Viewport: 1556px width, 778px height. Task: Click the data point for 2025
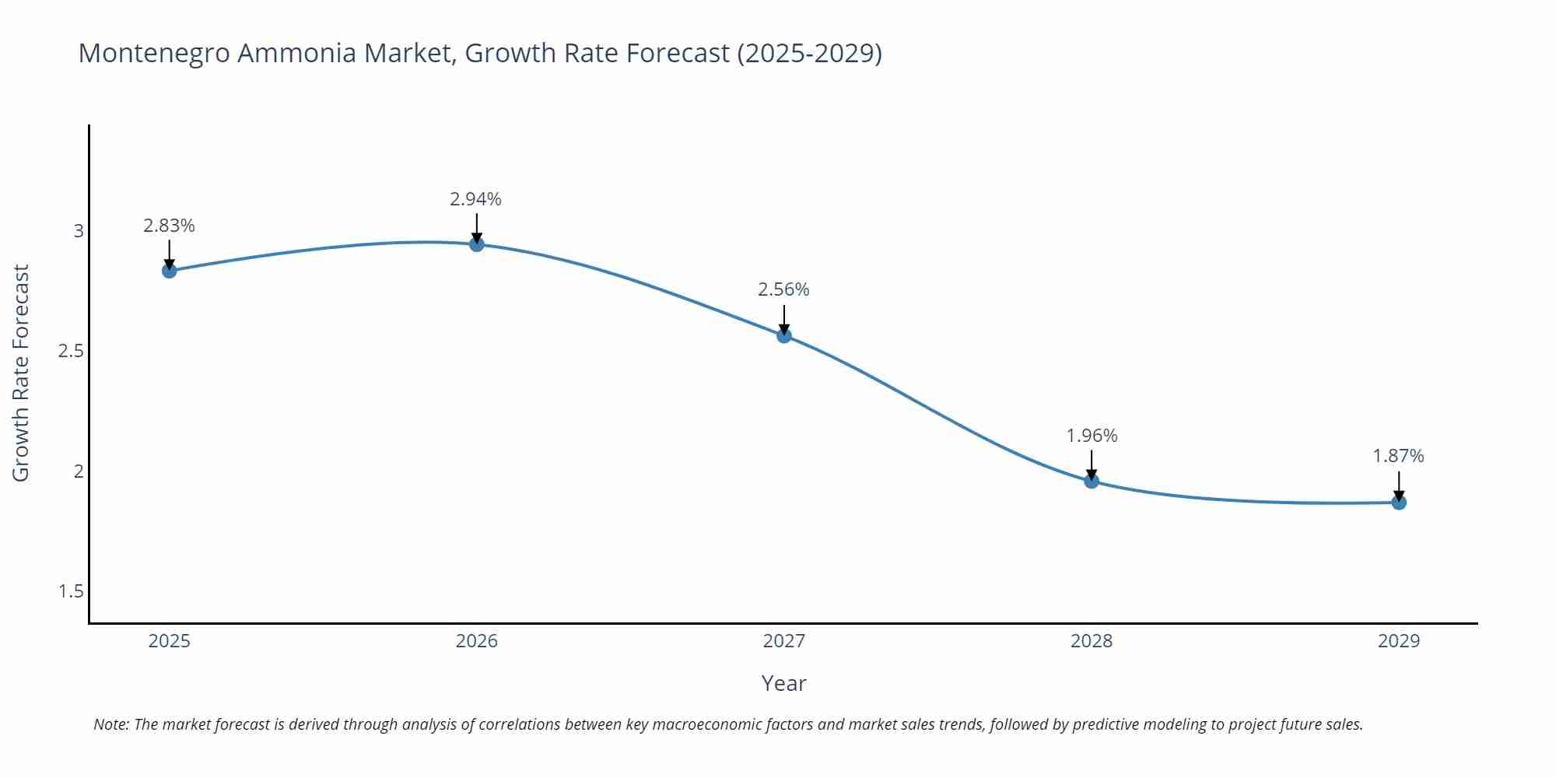(x=169, y=271)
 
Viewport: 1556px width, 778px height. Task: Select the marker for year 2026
(x=477, y=244)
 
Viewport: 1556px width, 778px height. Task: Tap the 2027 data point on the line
(x=784, y=335)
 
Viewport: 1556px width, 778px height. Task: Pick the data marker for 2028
(x=1092, y=481)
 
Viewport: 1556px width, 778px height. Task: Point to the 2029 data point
(x=1399, y=503)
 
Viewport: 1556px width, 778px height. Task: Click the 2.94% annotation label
(x=475, y=199)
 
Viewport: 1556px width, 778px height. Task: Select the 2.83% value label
(x=169, y=226)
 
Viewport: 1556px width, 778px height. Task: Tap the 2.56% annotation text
(x=783, y=289)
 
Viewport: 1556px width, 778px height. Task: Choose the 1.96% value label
(x=1092, y=436)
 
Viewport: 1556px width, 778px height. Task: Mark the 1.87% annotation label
(x=1398, y=456)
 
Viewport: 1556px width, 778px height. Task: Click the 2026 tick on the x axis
(x=476, y=641)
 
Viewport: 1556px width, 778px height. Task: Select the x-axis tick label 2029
(x=1398, y=641)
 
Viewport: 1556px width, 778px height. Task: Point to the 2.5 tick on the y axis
(x=71, y=351)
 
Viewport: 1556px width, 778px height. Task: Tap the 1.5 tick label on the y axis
(x=71, y=591)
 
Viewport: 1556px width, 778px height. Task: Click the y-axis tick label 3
(x=79, y=231)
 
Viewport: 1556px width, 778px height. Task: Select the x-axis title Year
(x=783, y=683)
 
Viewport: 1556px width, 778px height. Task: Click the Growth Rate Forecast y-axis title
(x=21, y=373)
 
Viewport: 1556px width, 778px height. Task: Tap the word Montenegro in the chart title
(x=155, y=53)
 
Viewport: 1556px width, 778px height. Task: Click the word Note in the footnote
(x=110, y=724)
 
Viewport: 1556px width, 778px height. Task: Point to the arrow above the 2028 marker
(x=1092, y=464)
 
